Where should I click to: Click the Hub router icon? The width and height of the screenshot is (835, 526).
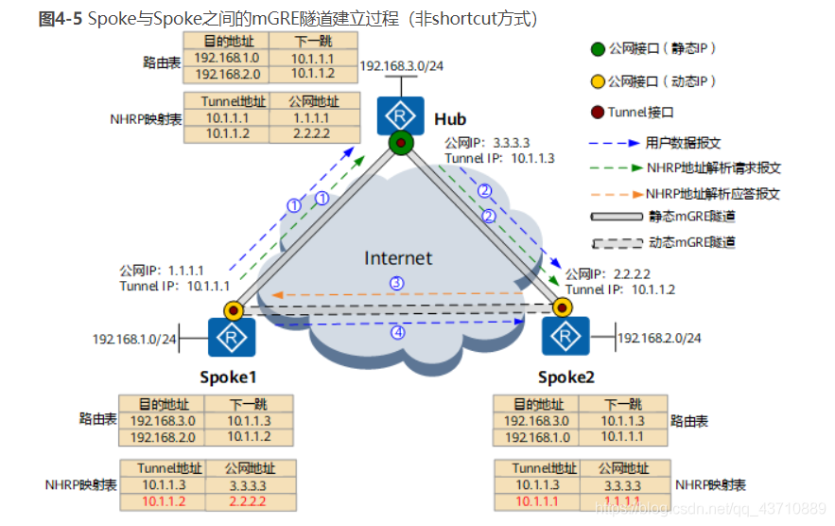(x=400, y=115)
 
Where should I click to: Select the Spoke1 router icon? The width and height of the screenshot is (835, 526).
(x=232, y=337)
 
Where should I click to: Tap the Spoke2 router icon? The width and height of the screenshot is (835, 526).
(x=565, y=336)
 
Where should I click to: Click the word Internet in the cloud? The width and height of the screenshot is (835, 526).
(x=398, y=258)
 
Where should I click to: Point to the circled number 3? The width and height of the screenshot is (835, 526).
(x=397, y=283)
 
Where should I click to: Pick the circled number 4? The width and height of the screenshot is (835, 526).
(x=398, y=333)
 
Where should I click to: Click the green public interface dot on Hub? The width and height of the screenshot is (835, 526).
(x=401, y=143)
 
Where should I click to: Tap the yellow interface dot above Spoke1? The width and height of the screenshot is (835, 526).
(x=234, y=310)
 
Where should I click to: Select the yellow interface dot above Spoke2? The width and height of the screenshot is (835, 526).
(x=563, y=307)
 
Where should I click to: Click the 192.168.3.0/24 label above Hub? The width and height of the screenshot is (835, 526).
(x=402, y=65)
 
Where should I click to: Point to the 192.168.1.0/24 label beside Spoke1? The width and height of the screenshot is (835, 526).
(x=134, y=339)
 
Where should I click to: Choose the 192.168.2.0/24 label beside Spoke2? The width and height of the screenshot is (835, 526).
(x=659, y=338)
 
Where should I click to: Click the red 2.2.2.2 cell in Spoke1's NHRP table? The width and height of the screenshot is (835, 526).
(x=248, y=501)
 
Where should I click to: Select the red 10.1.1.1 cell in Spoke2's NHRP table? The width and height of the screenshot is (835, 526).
(x=537, y=501)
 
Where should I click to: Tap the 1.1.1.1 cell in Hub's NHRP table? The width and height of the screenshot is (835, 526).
(x=311, y=117)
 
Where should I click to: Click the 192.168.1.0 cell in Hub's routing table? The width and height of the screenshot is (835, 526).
(x=227, y=58)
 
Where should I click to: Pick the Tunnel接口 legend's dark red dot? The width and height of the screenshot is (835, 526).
(x=598, y=113)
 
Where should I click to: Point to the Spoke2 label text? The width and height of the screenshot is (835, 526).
(x=566, y=377)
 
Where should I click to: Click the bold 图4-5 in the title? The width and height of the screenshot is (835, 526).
(x=61, y=19)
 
